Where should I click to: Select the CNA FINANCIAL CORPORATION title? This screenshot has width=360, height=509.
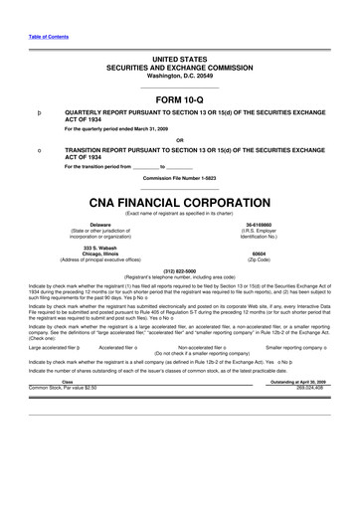[x=179, y=199]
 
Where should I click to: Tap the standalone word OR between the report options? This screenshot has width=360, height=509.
[x=179, y=138]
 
